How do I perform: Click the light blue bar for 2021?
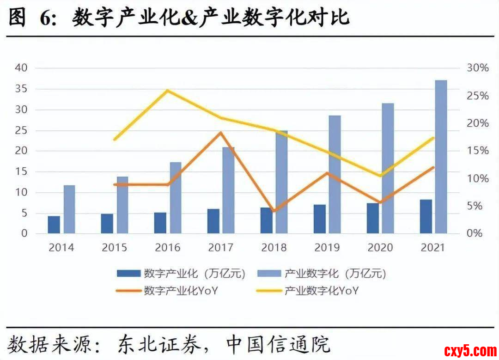click(441, 157)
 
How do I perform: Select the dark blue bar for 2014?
click(54, 225)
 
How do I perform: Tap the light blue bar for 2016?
click(176, 198)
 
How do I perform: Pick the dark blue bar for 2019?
click(320, 219)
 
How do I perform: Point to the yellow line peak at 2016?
click(168, 90)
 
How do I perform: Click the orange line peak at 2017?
click(221, 133)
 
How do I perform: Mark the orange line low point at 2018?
click(274, 211)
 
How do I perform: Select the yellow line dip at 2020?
click(381, 176)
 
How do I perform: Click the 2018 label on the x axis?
click(274, 248)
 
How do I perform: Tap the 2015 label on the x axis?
click(114, 248)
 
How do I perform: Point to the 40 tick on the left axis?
click(22, 68)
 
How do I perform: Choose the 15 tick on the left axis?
click(22, 171)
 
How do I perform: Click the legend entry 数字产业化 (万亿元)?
click(194, 274)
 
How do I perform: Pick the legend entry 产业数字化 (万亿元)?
click(335, 274)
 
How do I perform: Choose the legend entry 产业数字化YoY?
click(322, 291)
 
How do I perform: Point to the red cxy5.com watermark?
click(469, 349)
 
